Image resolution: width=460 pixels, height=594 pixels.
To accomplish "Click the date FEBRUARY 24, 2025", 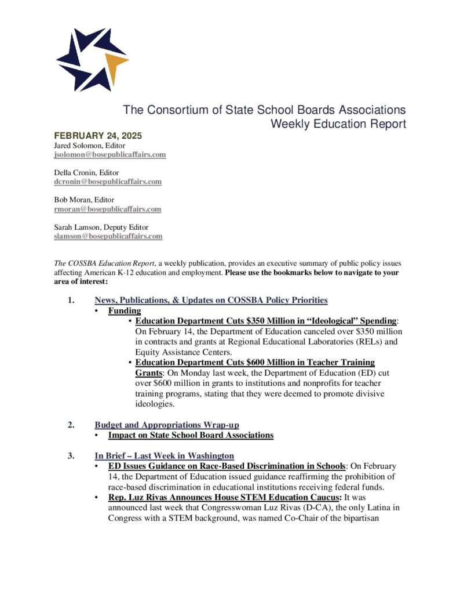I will point(98,136).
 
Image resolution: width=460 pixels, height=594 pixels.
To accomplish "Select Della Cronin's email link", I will point(108,182).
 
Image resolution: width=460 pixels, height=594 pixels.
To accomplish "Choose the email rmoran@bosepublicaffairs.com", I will point(107,209).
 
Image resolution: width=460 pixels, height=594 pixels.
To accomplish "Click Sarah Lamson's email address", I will point(108,236).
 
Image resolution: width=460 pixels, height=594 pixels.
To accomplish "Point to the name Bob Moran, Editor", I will point(84,200).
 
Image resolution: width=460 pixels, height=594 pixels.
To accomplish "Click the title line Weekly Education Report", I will point(338,124).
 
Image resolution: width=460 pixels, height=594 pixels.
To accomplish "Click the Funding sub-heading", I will point(125,311).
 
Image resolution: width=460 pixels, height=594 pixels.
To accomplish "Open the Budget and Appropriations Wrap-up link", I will point(167,425).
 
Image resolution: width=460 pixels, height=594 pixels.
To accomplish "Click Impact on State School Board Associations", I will point(191,434).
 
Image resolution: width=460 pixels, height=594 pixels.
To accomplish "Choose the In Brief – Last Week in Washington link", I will point(164,455).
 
